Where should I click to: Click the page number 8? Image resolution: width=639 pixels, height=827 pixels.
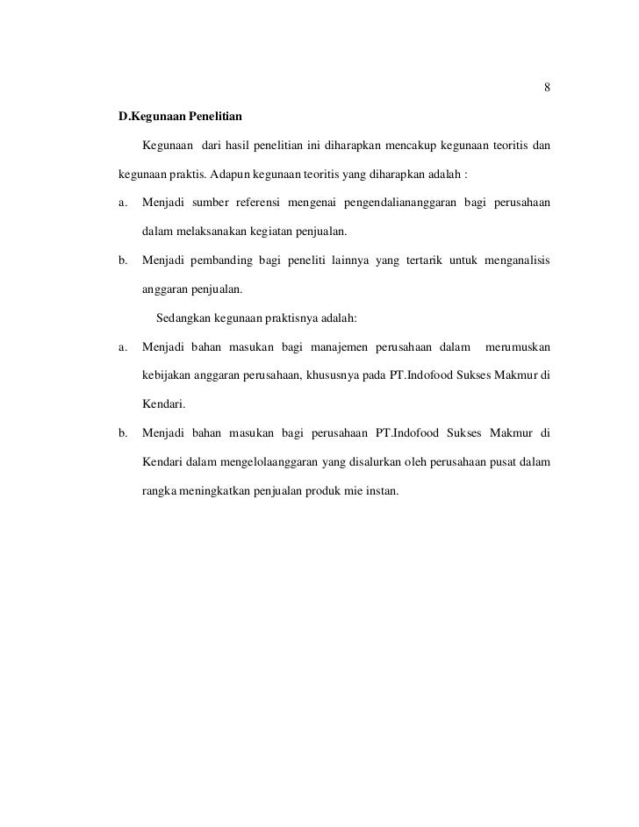[x=547, y=88]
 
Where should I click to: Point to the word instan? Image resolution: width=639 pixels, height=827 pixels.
[x=383, y=490]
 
